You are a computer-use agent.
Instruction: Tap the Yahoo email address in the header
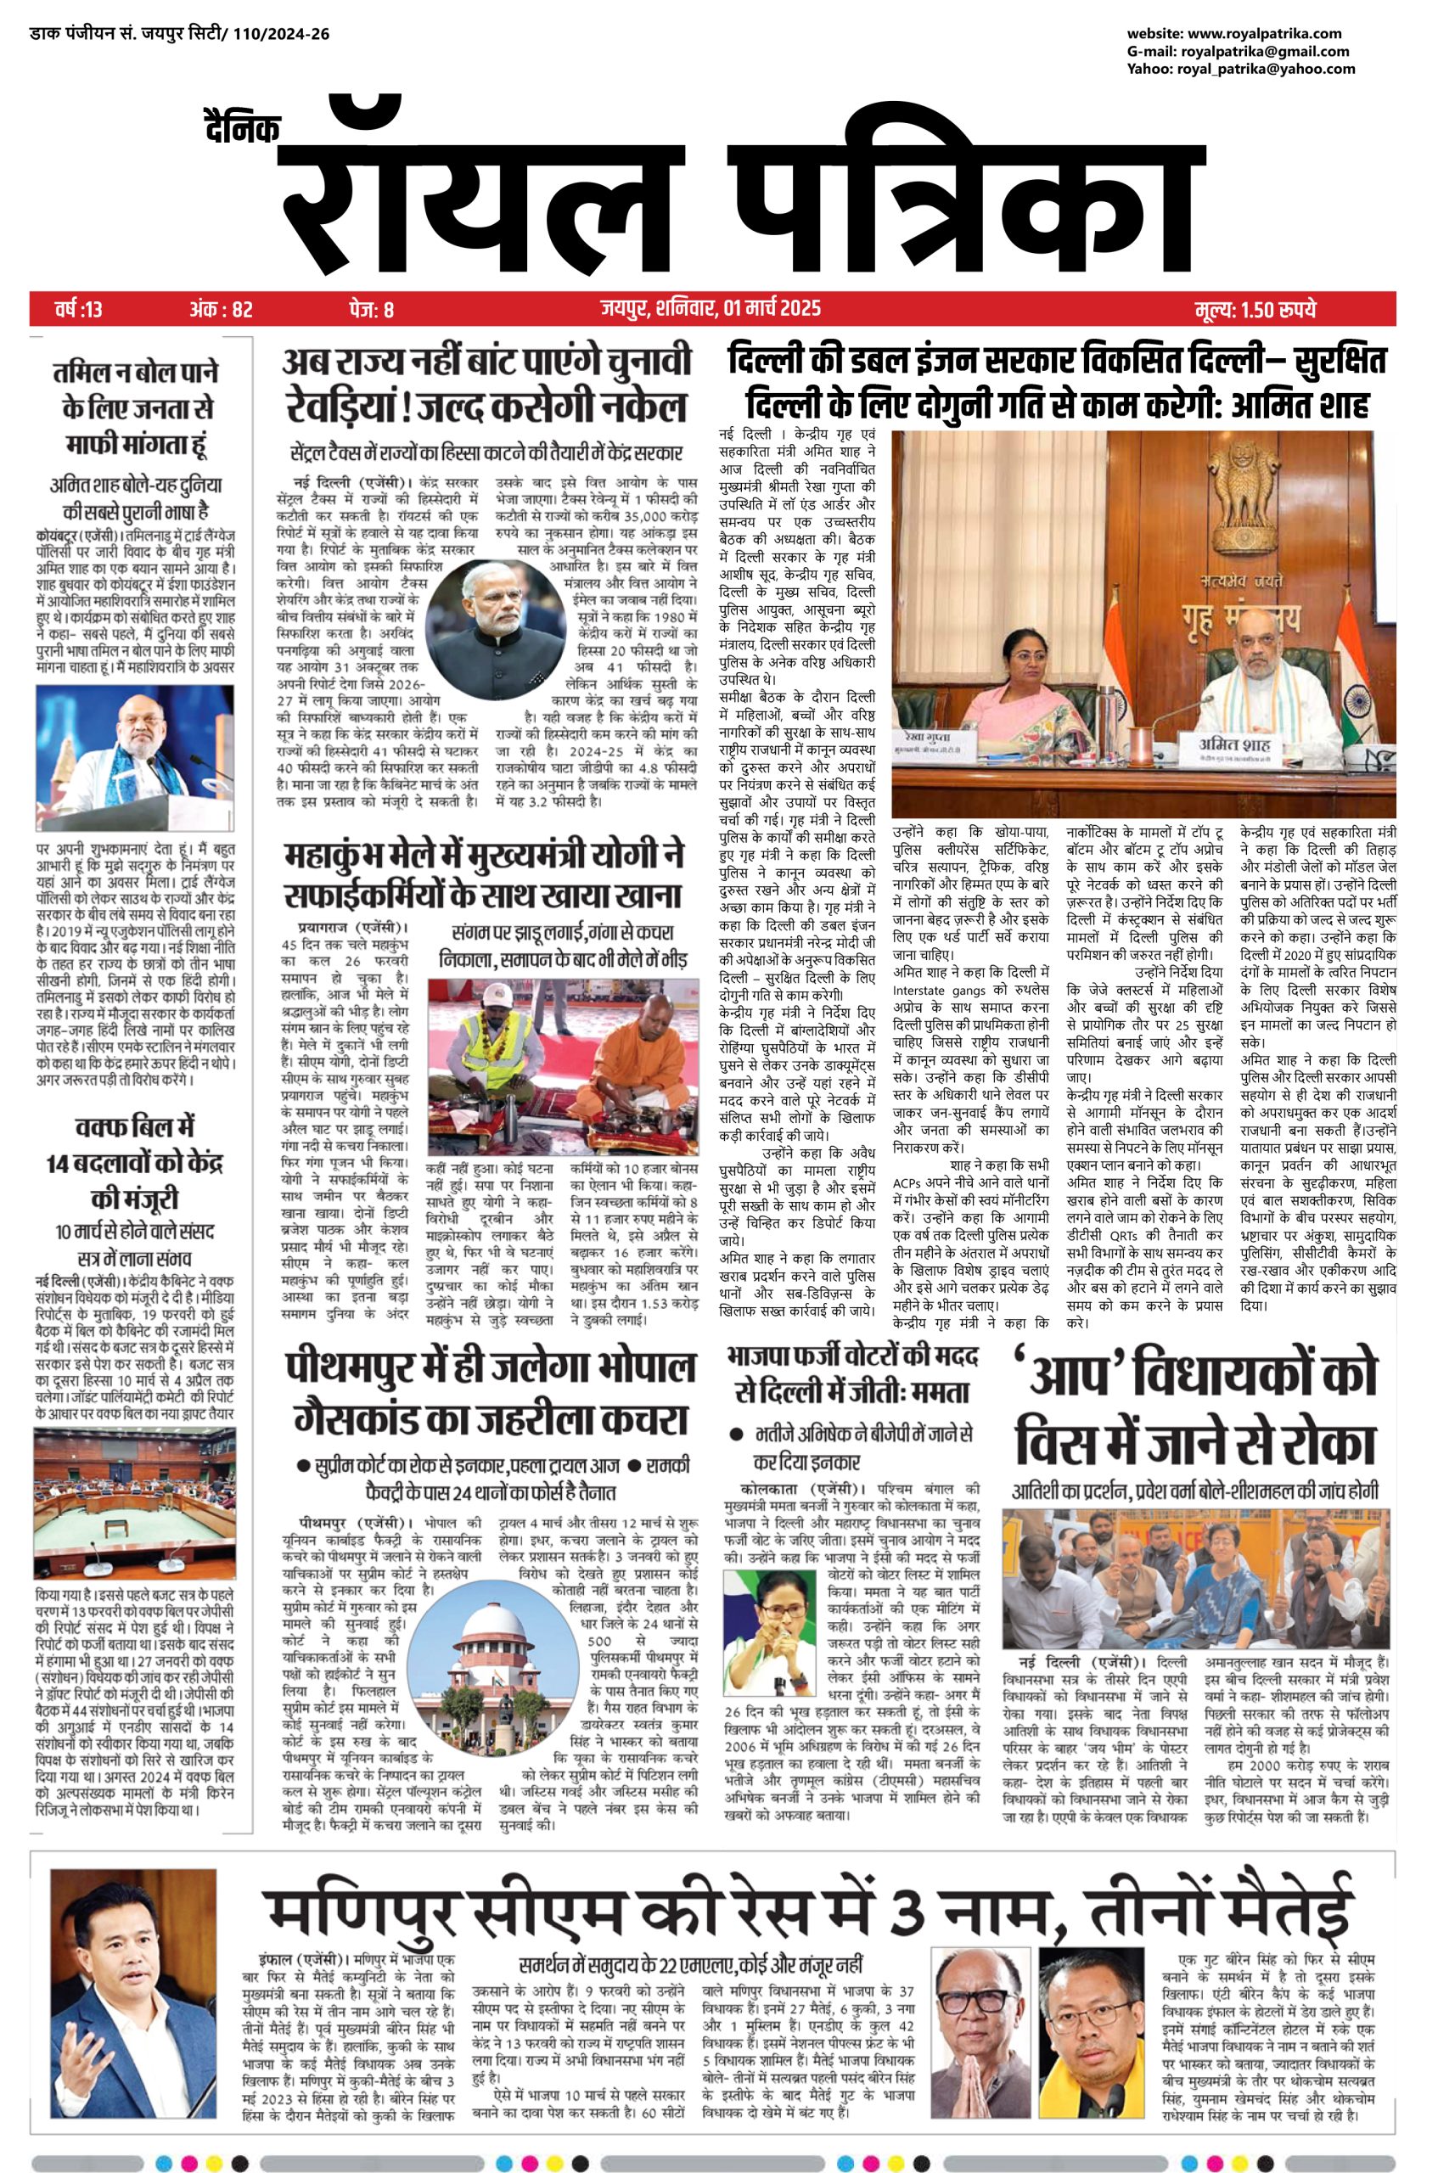tap(1268, 69)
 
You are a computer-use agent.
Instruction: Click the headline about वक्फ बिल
tap(136, 1162)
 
